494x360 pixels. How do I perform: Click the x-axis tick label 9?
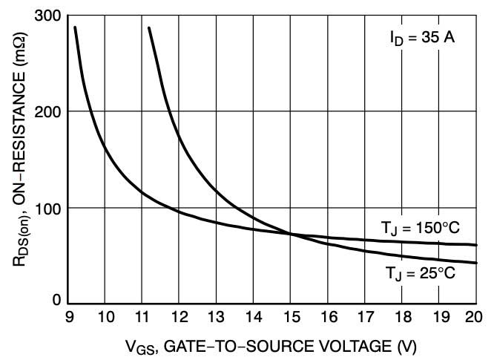tap(68, 317)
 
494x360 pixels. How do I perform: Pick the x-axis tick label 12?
tap(179, 317)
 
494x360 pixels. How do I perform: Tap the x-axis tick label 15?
tap(290, 317)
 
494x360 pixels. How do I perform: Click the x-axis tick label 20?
tap(474, 317)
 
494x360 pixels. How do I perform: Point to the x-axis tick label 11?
tap(142, 317)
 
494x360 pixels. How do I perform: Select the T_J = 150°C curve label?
tap(419, 229)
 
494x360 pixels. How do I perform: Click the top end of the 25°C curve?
tap(149, 27)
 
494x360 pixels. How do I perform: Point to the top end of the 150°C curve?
tap(75, 27)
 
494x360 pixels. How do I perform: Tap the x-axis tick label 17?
tap(364, 317)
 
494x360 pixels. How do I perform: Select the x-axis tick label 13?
tap(216, 317)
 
